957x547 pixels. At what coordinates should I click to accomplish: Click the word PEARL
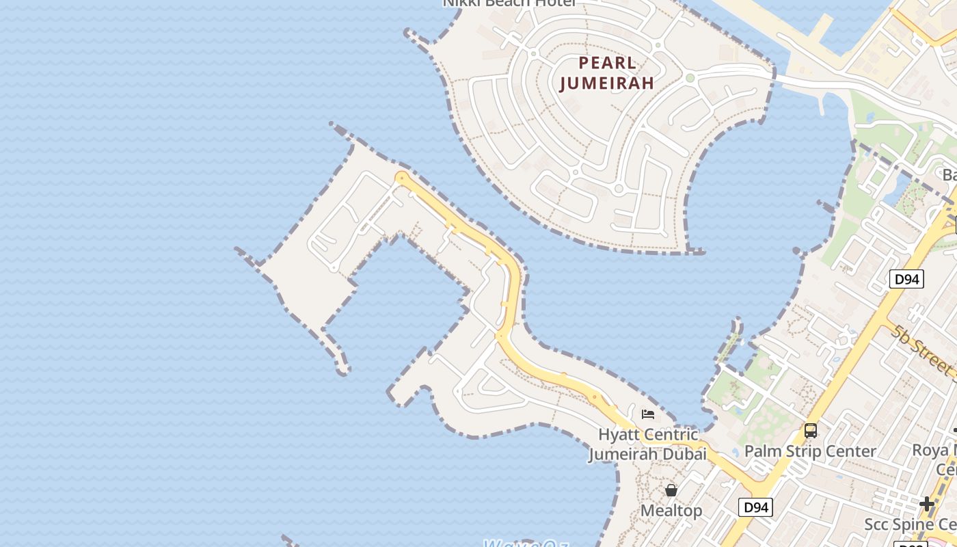click(x=607, y=64)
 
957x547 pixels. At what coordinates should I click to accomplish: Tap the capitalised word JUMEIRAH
click(x=607, y=83)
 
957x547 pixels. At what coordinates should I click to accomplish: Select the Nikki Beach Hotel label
click(x=509, y=3)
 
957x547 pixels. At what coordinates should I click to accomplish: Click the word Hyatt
click(x=620, y=435)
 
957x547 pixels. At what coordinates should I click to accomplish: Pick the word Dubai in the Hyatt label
click(x=684, y=453)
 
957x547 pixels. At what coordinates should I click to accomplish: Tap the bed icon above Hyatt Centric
click(x=647, y=414)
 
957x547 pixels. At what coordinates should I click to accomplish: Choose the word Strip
click(x=802, y=451)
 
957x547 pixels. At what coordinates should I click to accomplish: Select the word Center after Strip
click(x=851, y=451)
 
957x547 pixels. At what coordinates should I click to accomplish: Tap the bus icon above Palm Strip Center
click(x=811, y=431)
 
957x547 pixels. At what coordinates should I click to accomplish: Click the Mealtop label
click(x=671, y=511)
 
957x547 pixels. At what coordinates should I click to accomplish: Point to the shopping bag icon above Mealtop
click(x=671, y=490)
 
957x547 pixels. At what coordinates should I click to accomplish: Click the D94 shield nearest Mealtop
click(x=756, y=507)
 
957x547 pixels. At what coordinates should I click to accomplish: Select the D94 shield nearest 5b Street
click(x=906, y=279)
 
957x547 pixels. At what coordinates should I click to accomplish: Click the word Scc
click(x=878, y=524)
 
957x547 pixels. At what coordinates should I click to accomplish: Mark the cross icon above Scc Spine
click(x=927, y=504)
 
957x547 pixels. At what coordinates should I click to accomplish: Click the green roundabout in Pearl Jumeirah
click(x=690, y=78)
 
